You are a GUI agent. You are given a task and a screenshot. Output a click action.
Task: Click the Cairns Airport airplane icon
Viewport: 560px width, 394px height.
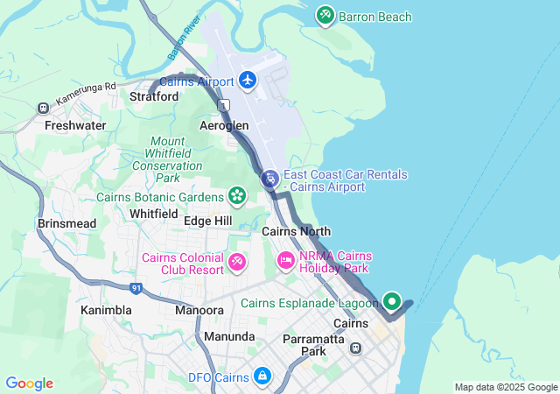pos(248,81)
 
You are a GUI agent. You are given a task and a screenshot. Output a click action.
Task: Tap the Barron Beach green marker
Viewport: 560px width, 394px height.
pos(325,16)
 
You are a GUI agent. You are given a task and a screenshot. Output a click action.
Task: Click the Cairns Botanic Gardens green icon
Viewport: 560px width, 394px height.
pos(236,195)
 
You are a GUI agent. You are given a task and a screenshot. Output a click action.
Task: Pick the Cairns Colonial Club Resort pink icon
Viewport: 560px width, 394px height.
pos(237,262)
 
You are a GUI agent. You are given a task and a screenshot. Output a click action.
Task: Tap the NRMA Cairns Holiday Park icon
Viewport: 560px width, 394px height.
pos(285,261)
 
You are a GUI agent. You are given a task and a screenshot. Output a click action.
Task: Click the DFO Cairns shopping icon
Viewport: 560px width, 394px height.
pos(262,376)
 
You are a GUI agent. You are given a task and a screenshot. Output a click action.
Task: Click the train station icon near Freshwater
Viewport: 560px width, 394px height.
pos(43,108)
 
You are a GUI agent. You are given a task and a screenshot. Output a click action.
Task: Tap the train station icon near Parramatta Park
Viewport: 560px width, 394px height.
pos(356,348)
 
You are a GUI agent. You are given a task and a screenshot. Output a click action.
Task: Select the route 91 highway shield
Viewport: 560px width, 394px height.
pos(135,287)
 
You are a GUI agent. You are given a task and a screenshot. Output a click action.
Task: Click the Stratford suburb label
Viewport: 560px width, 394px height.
pos(154,97)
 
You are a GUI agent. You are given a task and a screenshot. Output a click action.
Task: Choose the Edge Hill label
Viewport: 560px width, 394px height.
pos(207,221)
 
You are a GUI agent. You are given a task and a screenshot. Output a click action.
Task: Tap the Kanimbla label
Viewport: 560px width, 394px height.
pos(106,310)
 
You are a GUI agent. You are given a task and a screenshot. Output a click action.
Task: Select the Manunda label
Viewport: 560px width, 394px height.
pos(228,336)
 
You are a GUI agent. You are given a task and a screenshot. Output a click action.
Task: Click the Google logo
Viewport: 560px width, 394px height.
pos(29,383)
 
